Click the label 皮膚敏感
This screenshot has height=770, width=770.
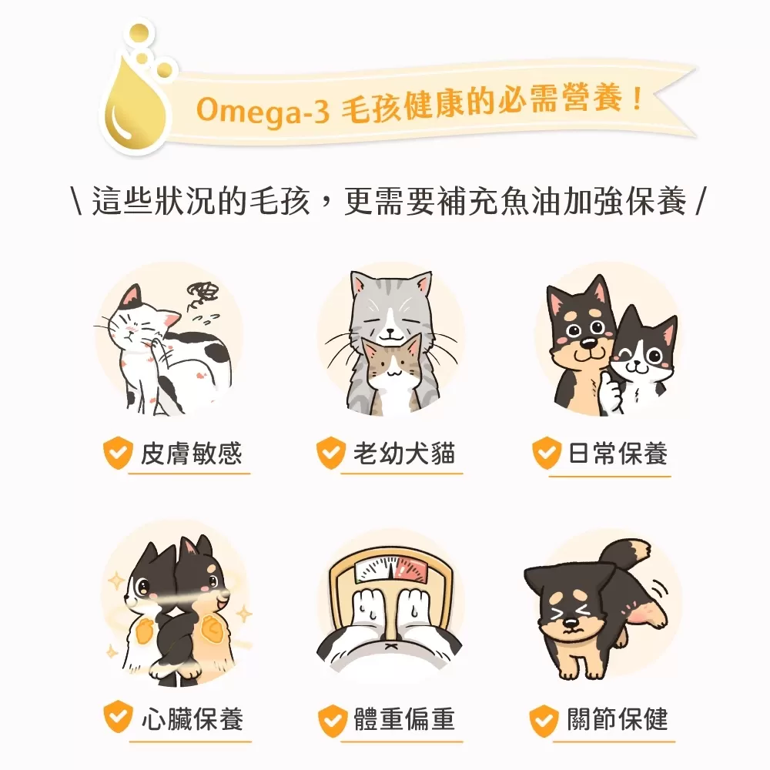[x=191, y=454]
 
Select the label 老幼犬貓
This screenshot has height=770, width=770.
[x=404, y=454]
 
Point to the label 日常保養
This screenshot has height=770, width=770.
[x=618, y=454]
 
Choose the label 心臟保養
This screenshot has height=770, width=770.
[x=192, y=719]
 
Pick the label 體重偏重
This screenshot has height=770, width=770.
[x=404, y=719]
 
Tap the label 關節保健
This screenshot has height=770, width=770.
[x=618, y=719]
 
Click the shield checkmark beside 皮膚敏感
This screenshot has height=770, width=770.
[x=118, y=454]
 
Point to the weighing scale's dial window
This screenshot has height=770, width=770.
[x=389, y=571]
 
